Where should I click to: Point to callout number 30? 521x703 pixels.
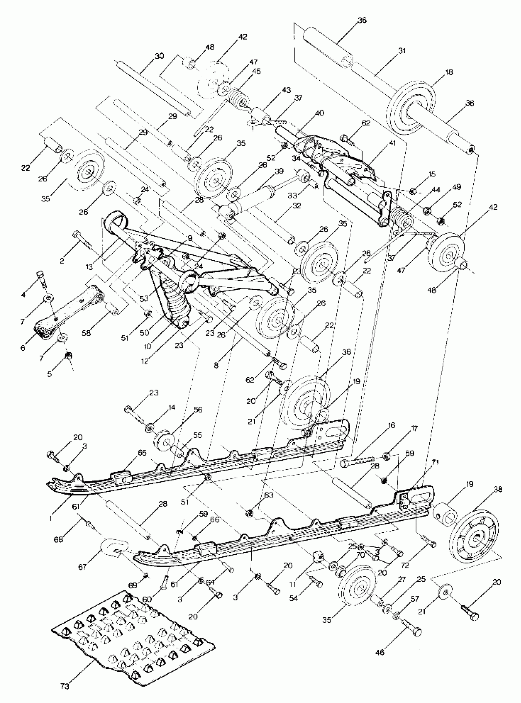(160, 56)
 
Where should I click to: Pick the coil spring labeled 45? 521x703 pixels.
(237, 99)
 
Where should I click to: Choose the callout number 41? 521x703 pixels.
(392, 143)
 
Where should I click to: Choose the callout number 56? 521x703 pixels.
(198, 410)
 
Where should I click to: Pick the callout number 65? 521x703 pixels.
(143, 453)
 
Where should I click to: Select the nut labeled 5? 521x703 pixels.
(67, 356)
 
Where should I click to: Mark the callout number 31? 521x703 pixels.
(402, 51)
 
